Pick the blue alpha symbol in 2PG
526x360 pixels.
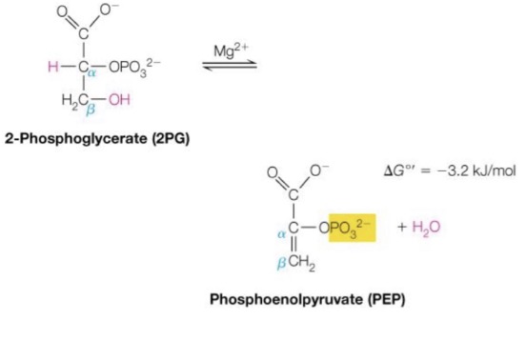point(96,72)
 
